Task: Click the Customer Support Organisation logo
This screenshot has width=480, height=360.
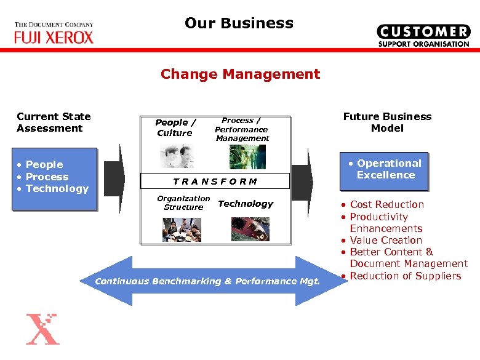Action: pyautogui.click(x=423, y=36)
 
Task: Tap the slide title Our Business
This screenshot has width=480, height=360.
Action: pyautogui.click(x=239, y=23)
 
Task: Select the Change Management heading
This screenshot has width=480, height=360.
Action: pyautogui.click(x=240, y=74)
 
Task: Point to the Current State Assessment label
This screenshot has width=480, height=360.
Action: pyautogui.click(x=54, y=122)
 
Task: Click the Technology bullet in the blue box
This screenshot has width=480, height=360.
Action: pyautogui.click(x=57, y=188)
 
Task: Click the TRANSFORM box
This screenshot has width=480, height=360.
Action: pyautogui.click(x=215, y=182)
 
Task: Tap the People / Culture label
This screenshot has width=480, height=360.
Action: pyautogui.click(x=175, y=127)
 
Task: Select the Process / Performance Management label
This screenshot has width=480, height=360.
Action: pyautogui.click(x=241, y=129)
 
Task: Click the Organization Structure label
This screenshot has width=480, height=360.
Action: pyautogui.click(x=183, y=202)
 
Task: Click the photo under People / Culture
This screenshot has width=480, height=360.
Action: pyautogui.click(x=177, y=156)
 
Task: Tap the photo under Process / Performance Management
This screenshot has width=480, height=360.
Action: pyautogui.click(x=239, y=157)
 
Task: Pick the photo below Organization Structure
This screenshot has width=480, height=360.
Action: pyautogui.click(x=182, y=229)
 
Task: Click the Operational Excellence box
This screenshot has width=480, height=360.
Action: pyautogui.click(x=385, y=169)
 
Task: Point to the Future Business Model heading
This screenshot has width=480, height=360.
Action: pyautogui.click(x=387, y=122)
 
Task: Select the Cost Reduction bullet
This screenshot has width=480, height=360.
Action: pyautogui.click(x=386, y=204)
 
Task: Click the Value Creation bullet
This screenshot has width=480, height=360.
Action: pyautogui.click(x=385, y=240)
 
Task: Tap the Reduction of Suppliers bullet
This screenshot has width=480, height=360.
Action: pyautogui.click(x=405, y=276)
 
